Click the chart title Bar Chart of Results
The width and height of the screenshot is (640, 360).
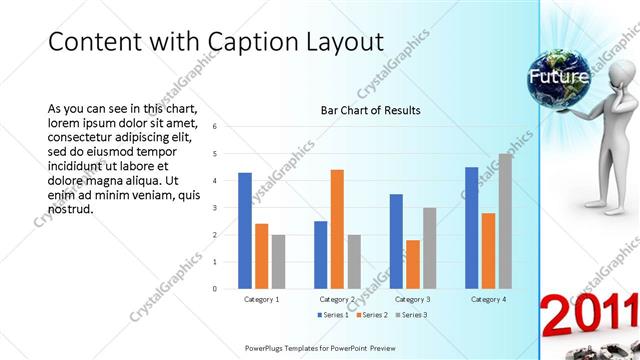(370, 109)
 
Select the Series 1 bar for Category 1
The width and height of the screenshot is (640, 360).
(245, 230)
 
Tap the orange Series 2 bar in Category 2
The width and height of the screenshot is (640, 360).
(337, 229)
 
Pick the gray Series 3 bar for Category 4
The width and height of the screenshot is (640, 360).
(505, 221)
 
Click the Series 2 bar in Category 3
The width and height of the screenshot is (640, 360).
(412, 264)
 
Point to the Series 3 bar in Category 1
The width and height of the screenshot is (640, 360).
(278, 261)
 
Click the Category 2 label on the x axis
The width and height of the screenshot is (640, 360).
(337, 299)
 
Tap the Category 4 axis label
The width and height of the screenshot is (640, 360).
(489, 299)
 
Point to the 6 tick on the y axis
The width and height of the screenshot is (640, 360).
(214, 127)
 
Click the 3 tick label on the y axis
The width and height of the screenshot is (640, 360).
(214, 208)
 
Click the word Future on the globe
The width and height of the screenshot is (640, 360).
(558, 76)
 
